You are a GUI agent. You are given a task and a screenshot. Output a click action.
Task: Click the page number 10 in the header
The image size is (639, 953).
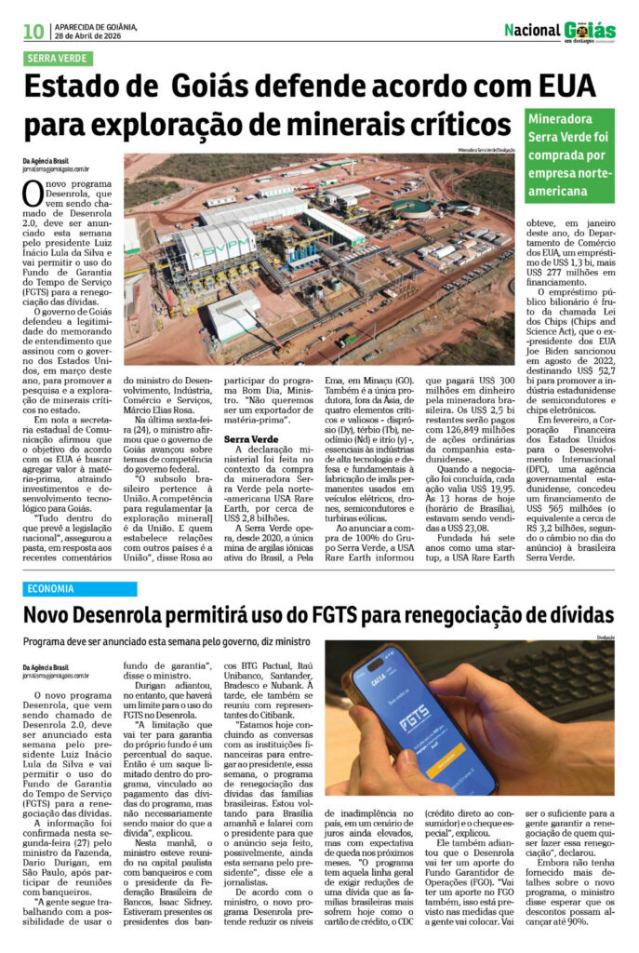click(x=33, y=32)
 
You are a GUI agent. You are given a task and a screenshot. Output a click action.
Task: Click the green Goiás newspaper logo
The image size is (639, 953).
click(x=589, y=30)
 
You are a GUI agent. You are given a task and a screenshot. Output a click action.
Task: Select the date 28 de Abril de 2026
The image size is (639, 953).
click(x=89, y=36)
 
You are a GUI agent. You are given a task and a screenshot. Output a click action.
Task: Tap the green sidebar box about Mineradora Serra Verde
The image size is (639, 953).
click(x=569, y=153)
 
